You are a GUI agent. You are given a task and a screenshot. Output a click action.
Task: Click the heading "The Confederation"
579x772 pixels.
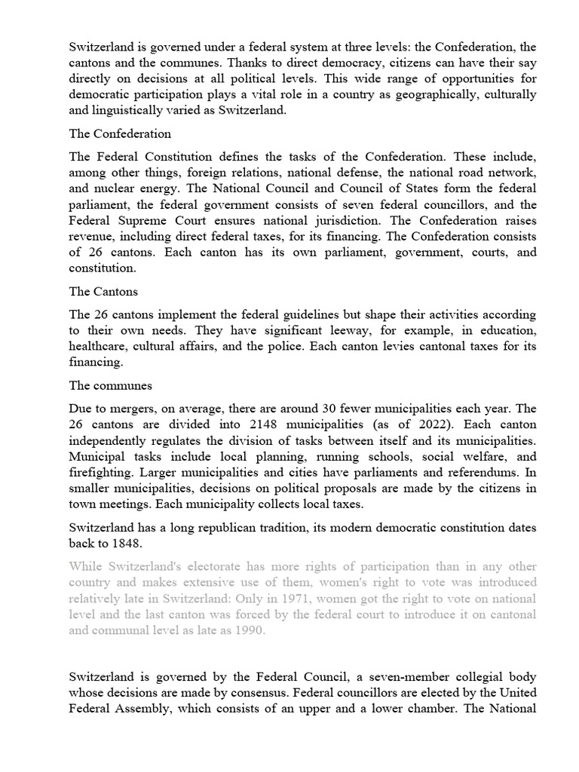coord(120,133)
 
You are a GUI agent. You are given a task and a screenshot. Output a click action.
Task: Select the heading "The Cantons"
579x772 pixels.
coord(103,291)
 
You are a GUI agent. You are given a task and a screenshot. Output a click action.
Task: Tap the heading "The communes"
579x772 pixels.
coord(110,385)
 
